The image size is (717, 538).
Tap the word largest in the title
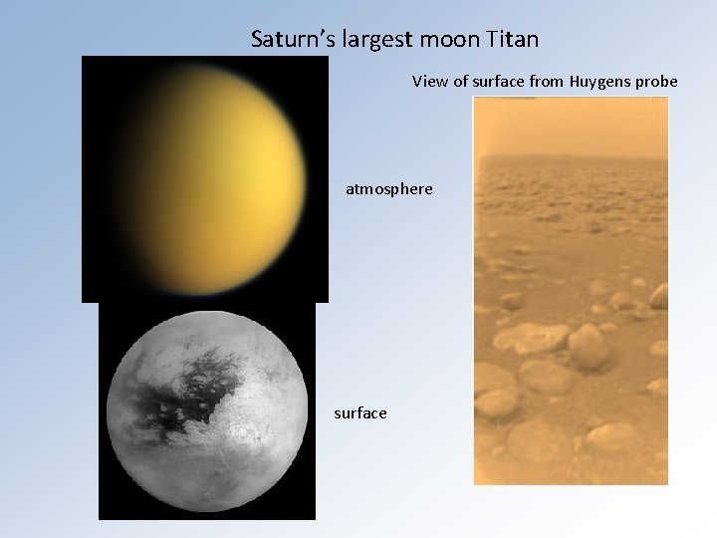pyautogui.click(x=369, y=41)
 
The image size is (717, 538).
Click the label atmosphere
pyautogui.click(x=389, y=187)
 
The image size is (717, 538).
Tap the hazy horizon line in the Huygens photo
pyautogui.click(x=571, y=159)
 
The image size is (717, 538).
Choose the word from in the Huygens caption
pyautogui.click(x=550, y=81)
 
